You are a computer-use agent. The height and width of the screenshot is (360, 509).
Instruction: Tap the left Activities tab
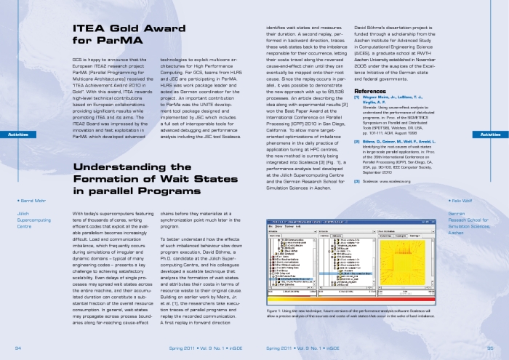click(x=15, y=135)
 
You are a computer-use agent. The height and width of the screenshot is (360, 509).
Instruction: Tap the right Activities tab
click(x=494, y=135)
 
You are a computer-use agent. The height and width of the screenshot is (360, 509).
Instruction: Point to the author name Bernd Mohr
click(x=31, y=199)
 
